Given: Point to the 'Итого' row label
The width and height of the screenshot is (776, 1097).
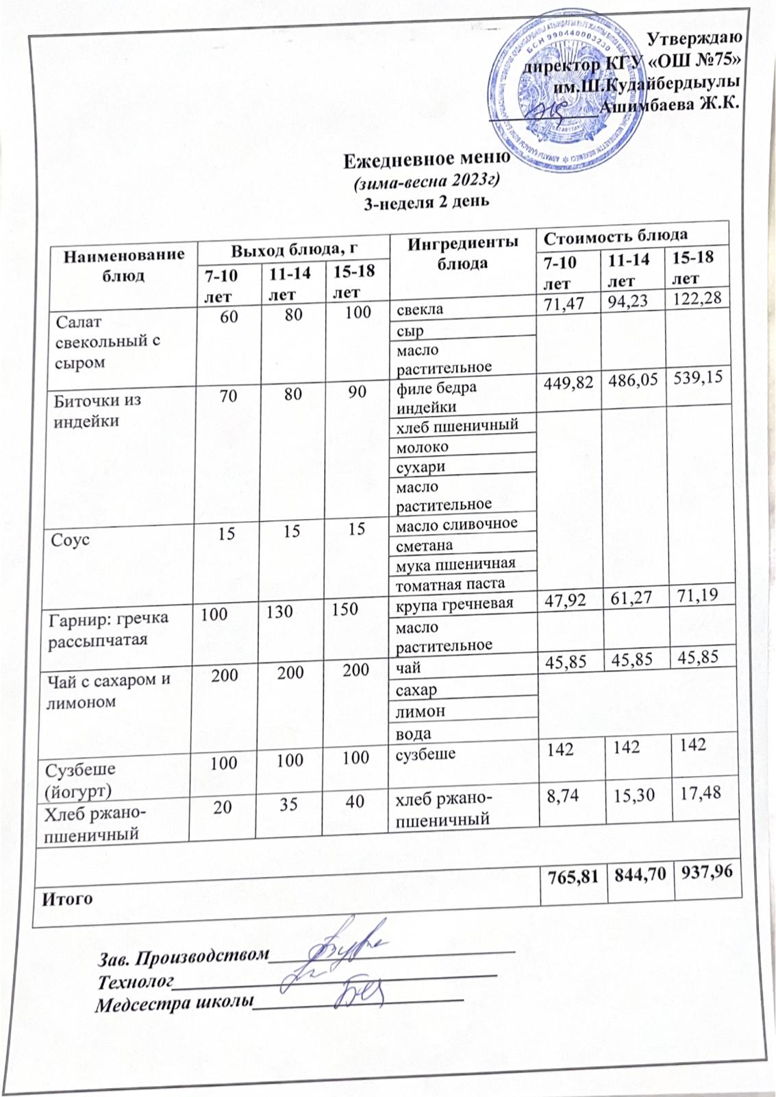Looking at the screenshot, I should click(68, 898).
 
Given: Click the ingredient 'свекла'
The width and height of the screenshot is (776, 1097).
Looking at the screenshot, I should click(420, 309).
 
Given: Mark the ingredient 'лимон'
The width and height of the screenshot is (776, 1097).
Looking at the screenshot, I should click(421, 711).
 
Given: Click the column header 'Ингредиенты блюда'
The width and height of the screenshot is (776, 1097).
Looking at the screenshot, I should click(462, 252).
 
